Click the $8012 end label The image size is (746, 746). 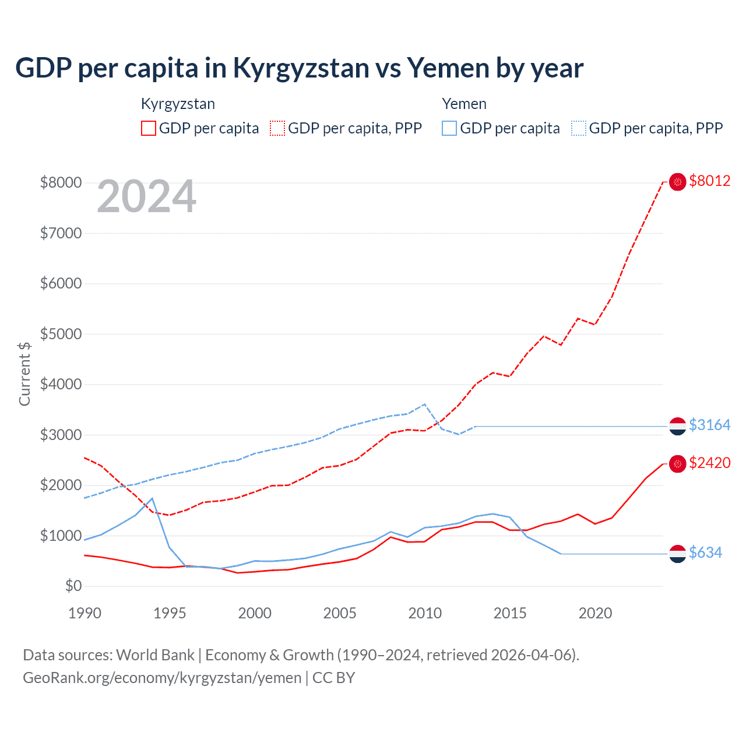point(709,181)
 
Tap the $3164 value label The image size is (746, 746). point(709,425)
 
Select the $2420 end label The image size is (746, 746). point(709,463)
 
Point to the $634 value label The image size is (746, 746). point(705,553)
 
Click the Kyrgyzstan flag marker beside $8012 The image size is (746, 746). point(677,182)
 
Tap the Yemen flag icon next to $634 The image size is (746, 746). point(677,553)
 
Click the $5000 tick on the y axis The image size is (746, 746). point(61,335)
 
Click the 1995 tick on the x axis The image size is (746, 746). point(170,613)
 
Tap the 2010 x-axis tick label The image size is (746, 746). point(425,613)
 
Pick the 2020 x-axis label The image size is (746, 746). point(595,613)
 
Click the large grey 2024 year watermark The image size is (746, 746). point(146,197)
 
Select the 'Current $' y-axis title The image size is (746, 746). point(24,374)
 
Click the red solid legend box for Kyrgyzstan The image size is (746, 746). point(149,128)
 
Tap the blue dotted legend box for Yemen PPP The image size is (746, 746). point(579,128)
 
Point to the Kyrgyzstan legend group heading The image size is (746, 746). point(178,104)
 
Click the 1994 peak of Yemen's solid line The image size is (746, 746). point(152,498)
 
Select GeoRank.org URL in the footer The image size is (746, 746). point(162,678)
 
